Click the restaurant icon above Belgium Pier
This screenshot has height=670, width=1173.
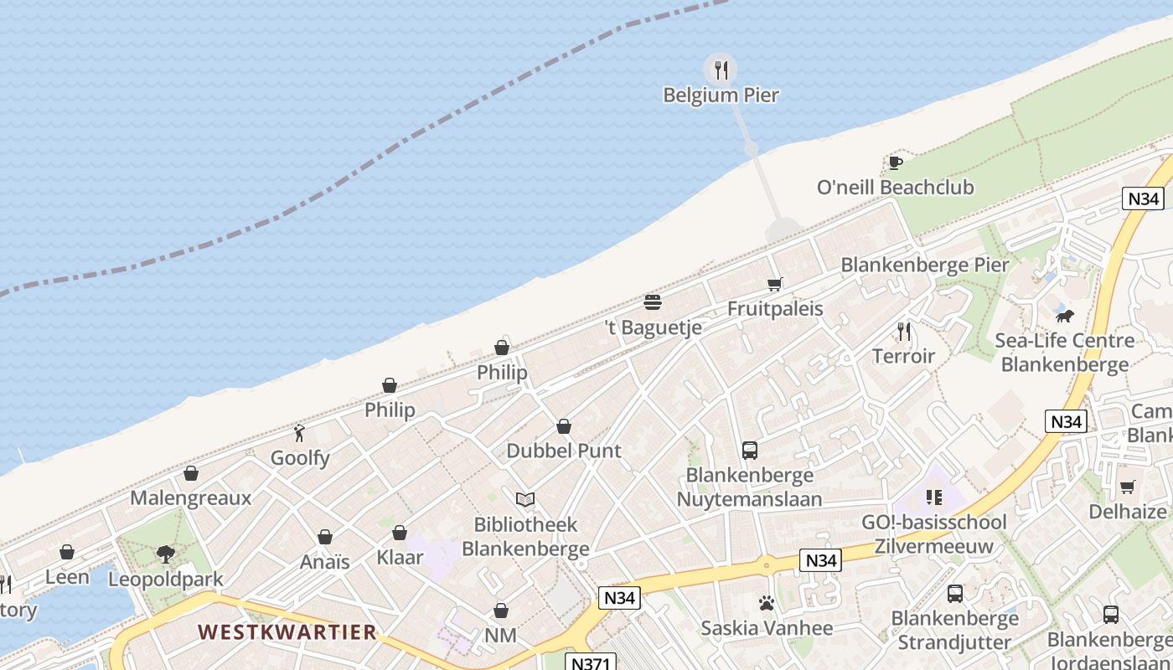721,70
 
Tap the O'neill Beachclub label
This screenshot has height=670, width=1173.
895,187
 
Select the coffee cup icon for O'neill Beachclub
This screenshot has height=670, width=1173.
895,162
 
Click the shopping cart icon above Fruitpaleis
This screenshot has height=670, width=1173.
775,285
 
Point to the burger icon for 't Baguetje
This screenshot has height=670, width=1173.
653,302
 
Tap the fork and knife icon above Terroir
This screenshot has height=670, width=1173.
903,332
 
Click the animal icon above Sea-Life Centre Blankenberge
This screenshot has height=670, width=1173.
1064,317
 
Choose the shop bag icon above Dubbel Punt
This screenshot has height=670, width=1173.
564,427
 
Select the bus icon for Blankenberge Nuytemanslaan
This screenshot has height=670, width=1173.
750,451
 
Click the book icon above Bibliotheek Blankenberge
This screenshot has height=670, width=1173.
525,500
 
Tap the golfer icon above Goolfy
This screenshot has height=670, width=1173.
299,433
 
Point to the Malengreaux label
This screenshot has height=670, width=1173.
190,498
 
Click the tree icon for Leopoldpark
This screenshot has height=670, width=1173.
166,554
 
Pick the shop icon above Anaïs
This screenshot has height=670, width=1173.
324,537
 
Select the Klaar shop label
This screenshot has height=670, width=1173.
400,557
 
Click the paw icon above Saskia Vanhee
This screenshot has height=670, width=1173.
766,603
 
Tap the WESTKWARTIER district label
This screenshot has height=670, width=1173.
287,632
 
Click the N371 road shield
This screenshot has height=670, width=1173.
589,662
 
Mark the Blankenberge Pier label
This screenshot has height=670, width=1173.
925,265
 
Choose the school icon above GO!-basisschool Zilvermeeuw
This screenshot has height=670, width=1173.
934,498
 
